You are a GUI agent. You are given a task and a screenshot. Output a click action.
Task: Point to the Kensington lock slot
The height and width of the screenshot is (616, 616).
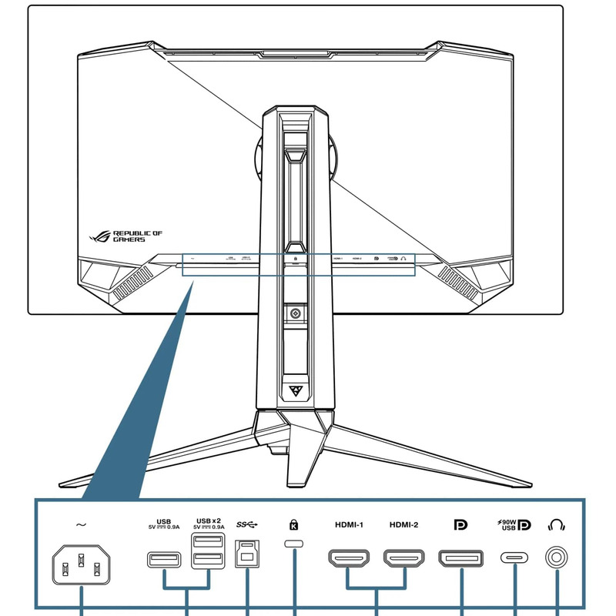[294, 544]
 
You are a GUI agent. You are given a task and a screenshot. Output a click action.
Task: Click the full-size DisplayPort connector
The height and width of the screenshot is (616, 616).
[460, 558]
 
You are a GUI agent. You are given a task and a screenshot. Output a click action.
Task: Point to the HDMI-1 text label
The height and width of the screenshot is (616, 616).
[349, 525]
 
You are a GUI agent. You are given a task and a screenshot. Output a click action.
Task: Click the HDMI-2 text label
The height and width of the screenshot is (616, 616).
[403, 525]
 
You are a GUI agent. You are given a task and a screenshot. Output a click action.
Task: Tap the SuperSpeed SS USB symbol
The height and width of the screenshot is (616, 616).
[249, 525]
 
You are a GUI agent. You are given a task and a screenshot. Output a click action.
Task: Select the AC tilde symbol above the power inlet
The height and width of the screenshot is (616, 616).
[81, 525]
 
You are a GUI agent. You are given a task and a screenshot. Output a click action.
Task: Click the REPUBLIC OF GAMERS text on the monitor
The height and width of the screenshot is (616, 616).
[137, 236]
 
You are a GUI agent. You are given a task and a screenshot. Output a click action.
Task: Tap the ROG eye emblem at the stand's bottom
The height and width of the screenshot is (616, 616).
[295, 390]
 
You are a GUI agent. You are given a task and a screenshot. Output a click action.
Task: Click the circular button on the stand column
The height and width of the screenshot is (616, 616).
[295, 313]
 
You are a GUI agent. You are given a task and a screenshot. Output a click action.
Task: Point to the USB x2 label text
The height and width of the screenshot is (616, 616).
[209, 521]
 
